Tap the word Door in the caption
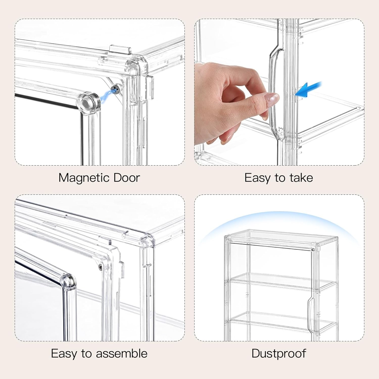pos(127,178)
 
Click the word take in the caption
pos(301,178)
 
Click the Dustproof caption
pos(279,353)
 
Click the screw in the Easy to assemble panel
pos(100,266)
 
